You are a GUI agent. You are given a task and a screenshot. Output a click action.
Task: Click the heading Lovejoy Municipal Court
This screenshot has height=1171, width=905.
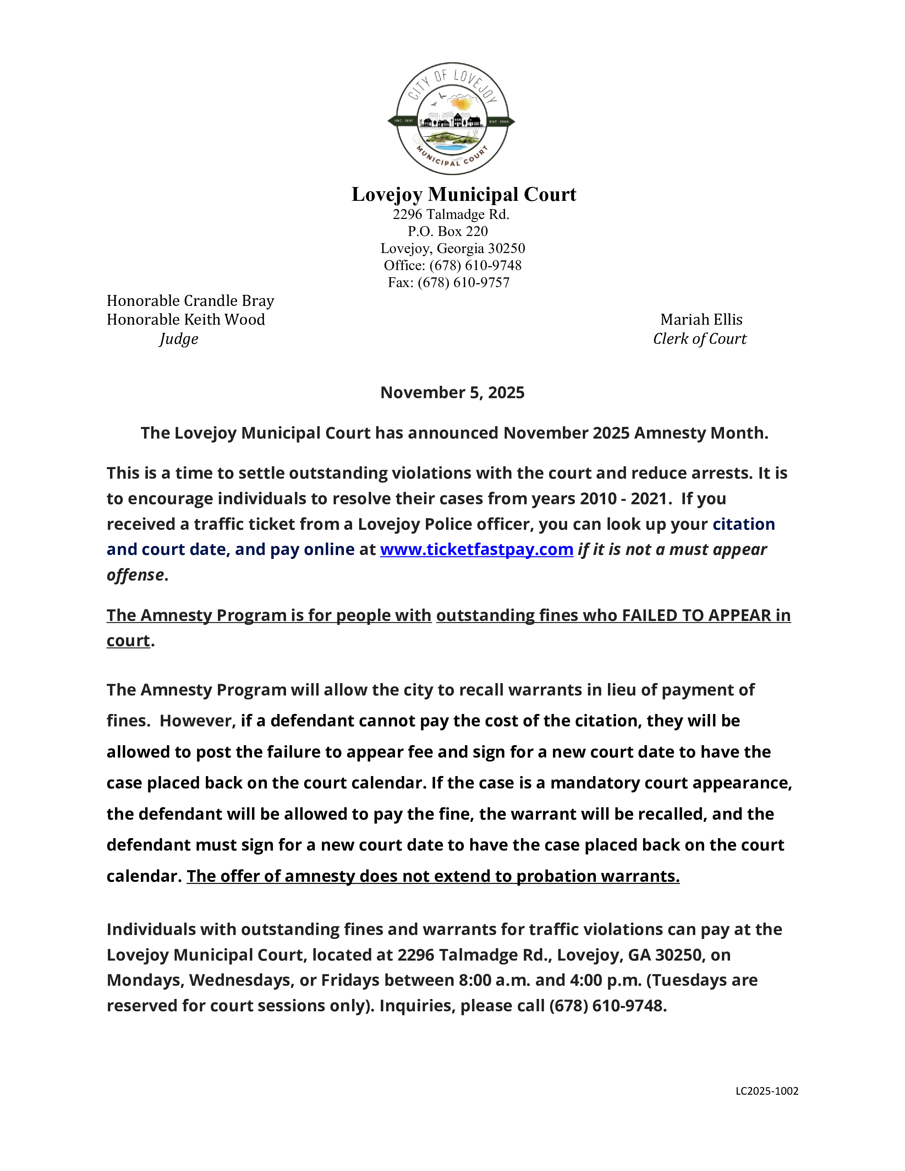coord(464,194)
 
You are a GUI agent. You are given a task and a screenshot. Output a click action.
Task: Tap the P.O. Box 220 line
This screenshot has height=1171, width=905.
coord(448,231)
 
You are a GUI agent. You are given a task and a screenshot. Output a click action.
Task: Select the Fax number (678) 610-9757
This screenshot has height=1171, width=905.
coord(463,282)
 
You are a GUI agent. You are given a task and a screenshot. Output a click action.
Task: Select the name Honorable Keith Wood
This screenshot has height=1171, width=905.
coord(186,320)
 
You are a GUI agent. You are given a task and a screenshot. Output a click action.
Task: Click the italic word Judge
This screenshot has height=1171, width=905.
coord(179,339)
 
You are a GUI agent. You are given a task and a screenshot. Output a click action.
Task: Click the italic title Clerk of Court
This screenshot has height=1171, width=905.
coord(699,339)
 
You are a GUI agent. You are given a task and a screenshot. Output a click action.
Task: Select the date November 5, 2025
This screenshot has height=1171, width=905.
coord(452,392)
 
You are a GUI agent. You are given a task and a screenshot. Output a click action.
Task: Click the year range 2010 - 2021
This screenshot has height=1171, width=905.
coord(624,499)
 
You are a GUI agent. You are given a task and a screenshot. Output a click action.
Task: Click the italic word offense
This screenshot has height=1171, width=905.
coord(135,575)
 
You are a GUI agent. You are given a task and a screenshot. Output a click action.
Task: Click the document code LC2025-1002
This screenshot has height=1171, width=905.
coord(767,1090)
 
